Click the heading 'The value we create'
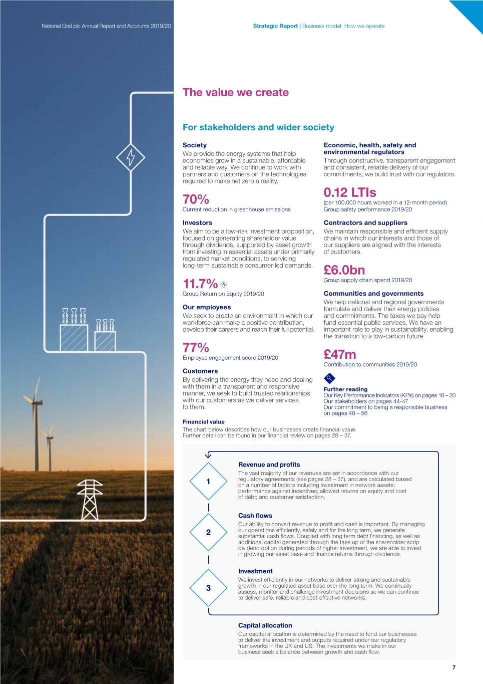tap(235, 93)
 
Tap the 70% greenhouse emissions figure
tap(196, 199)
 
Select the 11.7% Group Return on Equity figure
tap(200, 284)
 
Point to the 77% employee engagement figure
tap(196, 348)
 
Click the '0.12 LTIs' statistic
tap(349, 192)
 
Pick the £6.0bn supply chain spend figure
tap(344, 271)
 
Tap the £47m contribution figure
tap(340, 355)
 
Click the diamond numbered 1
tap(208, 482)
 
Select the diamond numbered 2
tap(208, 532)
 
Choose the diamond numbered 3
tap(208, 588)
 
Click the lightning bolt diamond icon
tap(131, 158)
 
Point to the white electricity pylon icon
tap(90, 499)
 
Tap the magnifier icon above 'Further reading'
tap(329, 378)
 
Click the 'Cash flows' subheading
tap(255, 516)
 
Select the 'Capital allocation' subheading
tap(265, 625)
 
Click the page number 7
tap(454, 667)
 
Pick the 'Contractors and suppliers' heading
tap(365, 223)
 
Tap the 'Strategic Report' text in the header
tap(275, 26)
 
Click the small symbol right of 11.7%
tap(224, 284)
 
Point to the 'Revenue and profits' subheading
tap(269, 465)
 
